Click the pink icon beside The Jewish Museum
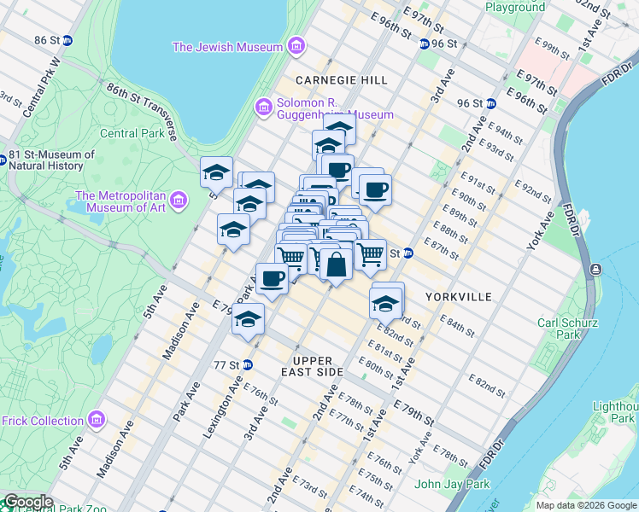point(296,45)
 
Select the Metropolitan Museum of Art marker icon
point(179,201)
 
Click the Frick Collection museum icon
point(97,420)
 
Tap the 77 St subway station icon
point(248,364)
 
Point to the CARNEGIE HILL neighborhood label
point(341,79)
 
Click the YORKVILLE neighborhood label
point(459,296)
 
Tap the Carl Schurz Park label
point(564,329)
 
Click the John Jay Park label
point(452,485)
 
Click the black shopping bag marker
point(337,264)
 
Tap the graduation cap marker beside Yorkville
point(386,302)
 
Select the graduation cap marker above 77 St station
point(249,319)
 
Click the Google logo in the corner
point(27,503)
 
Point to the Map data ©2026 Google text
point(585,505)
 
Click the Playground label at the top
point(515,7)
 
